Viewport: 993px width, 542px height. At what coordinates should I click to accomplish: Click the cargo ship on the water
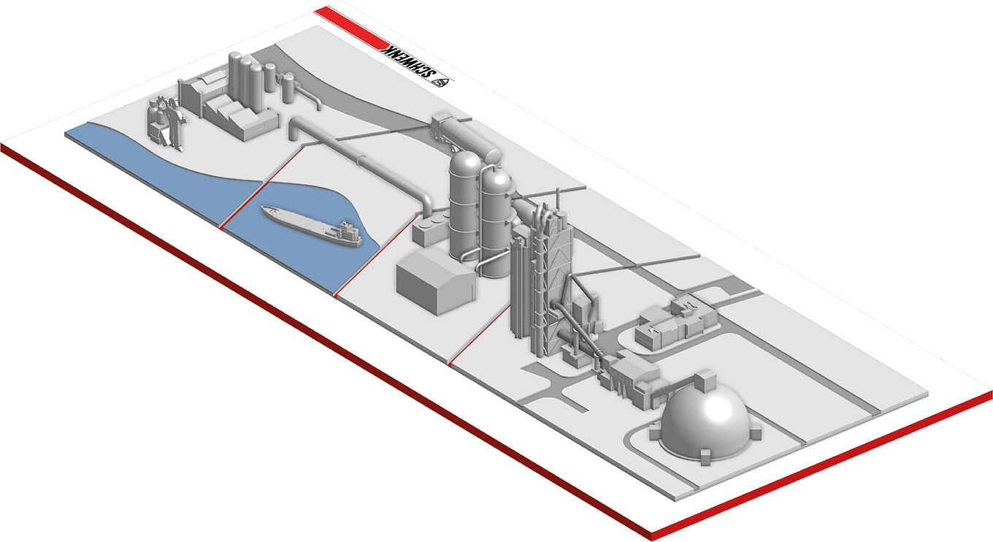pyautogui.click(x=310, y=225)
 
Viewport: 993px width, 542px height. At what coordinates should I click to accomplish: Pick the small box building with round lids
pyautogui.click(x=429, y=228)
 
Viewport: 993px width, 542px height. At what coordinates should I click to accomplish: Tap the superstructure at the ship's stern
pyautogui.click(x=348, y=233)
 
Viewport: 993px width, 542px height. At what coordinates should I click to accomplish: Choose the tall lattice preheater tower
pyautogui.click(x=541, y=278)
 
